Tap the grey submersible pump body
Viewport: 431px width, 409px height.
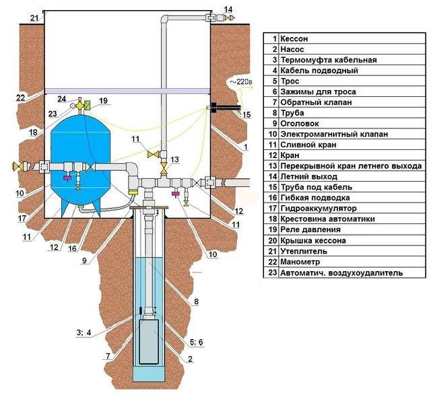pos(149,342)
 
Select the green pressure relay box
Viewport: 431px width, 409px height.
pos(88,105)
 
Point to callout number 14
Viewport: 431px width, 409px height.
pos(228,9)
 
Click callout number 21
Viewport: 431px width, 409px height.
pos(34,18)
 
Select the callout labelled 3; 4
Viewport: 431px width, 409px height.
pos(84,333)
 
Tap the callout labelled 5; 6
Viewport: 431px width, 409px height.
pos(196,342)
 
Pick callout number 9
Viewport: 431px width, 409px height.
pos(84,260)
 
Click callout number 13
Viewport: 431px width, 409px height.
pos(174,159)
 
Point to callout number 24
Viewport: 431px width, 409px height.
pos(61,99)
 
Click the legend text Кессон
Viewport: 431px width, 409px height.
pos(294,39)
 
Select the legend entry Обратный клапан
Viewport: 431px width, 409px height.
pos(316,102)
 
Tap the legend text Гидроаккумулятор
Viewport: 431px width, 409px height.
pos(319,209)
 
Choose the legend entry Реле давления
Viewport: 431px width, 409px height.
pos(310,229)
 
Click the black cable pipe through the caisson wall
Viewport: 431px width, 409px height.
pos(226,108)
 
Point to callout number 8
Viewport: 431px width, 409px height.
pos(196,301)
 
